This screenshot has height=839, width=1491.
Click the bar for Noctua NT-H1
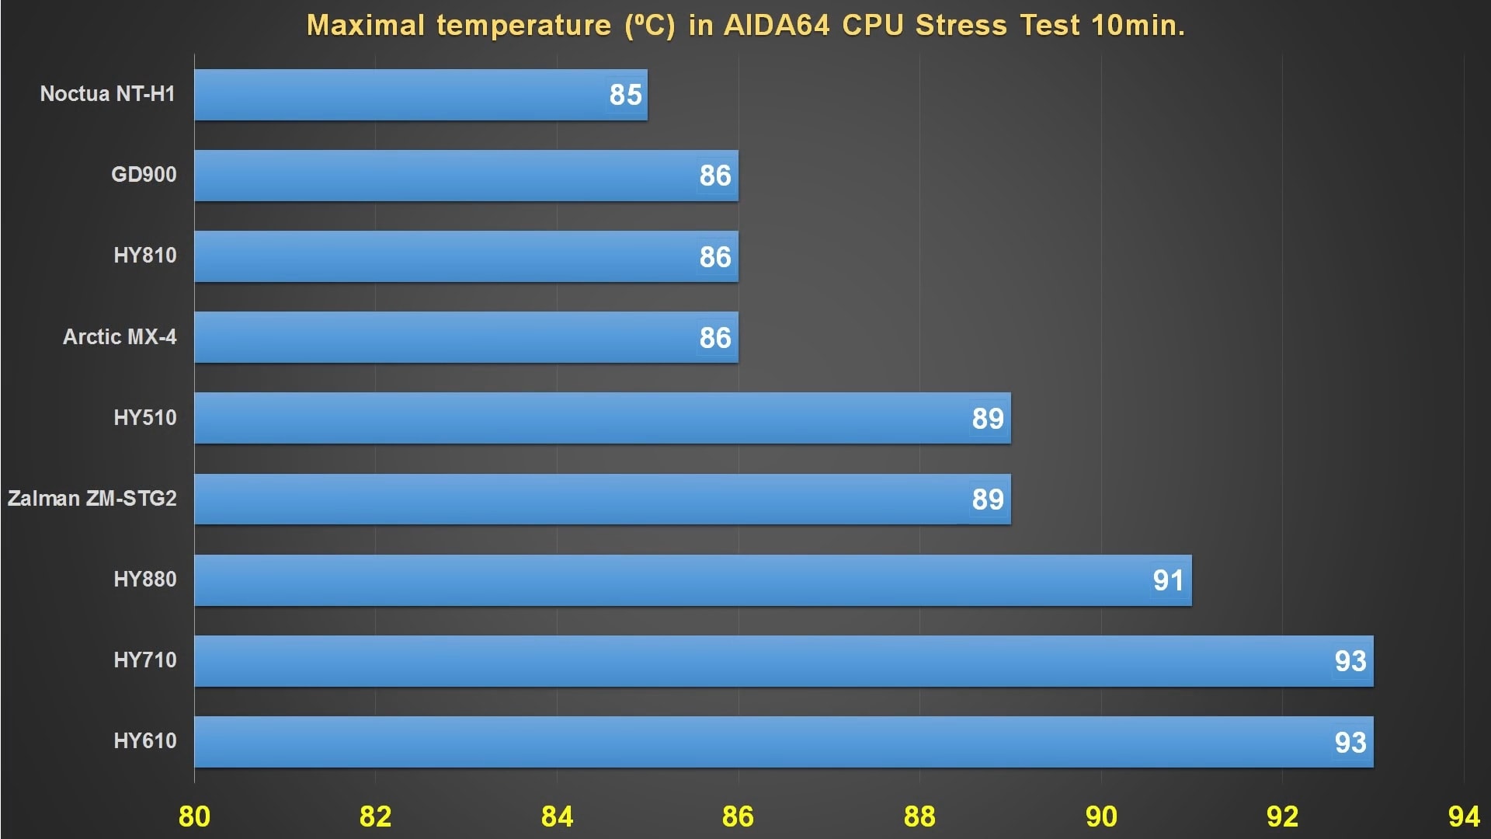point(420,95)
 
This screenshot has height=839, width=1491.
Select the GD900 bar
point(466,176)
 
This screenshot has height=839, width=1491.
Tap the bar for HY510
point(602,418)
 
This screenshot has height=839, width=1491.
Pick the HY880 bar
point(693,580)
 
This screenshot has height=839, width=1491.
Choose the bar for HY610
point(783,742)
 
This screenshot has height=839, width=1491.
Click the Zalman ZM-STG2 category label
point(92,498)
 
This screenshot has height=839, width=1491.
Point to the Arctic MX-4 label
point(120,337)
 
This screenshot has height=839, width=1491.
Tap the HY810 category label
point(145,256)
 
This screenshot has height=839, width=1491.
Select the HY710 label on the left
point(145,660)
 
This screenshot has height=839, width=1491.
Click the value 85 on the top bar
point(625,95)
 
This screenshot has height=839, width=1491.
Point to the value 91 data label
point(1168,580)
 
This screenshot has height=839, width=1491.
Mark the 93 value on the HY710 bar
point(1350,661)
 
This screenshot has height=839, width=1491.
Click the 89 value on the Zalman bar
point(988,500)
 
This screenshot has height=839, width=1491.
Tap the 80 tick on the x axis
point(194,816)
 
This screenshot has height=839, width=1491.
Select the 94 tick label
point(1464,816)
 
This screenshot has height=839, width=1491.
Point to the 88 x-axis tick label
point(919,816)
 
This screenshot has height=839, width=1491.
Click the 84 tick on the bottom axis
point(557,816)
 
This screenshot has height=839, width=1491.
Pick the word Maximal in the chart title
point(366,26)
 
